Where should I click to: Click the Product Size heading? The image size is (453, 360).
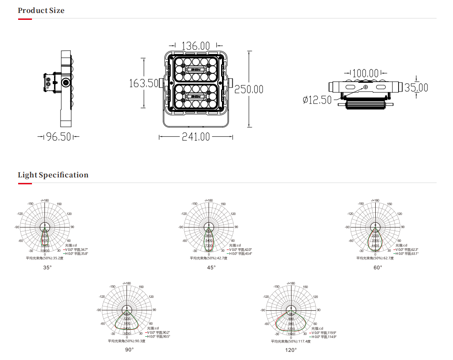41,10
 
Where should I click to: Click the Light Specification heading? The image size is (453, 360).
53,175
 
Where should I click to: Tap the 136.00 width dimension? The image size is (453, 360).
196,45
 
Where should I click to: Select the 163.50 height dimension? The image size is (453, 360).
144,83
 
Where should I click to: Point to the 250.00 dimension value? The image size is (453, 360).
249,89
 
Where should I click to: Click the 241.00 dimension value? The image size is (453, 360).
196,137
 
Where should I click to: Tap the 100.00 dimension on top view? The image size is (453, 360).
366,73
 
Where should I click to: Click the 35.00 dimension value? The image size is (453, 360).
416,88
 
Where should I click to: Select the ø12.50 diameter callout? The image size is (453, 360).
317,100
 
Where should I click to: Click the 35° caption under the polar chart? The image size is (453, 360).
47,267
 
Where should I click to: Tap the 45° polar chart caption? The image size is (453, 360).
211,267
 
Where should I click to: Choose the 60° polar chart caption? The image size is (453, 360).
378,267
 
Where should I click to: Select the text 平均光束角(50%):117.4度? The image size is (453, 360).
291,341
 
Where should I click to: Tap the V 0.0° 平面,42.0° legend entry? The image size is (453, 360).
240,249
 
